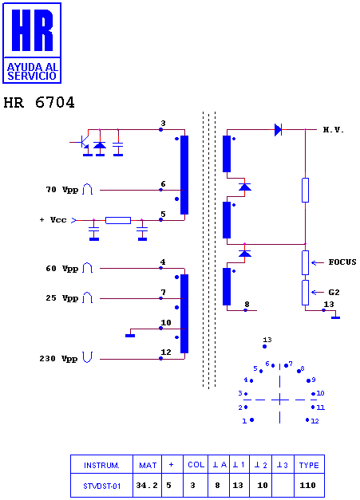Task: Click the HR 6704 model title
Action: click(x=39, y=102)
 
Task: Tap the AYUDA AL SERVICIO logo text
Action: click(x=32, y=72)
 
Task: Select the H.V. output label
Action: click(x=333, y=130)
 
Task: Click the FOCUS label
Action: click(x=342, y=262)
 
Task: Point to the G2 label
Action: click(x=334, y=292)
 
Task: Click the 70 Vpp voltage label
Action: click(x=62, y=190)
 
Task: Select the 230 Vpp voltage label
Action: click(x=58, y=359)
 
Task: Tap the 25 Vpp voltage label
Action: click(x=62, y=298)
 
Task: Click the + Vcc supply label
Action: click(x=53, y=220)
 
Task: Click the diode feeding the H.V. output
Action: click(x=278, y=130)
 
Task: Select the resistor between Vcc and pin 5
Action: click(x=118, y=220)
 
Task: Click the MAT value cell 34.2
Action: click(x=147, y=486)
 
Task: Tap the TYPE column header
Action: click(x=309, y=465)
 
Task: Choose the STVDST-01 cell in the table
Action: click(x=102, y=486)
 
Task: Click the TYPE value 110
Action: click(x=307, y=486)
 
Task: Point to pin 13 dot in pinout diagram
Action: click(x=264, y=346)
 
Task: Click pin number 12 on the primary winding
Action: click(x=166, y=352)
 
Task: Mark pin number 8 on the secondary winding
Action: click(x=247, y=304)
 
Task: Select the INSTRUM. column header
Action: click(x=101, y=465)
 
